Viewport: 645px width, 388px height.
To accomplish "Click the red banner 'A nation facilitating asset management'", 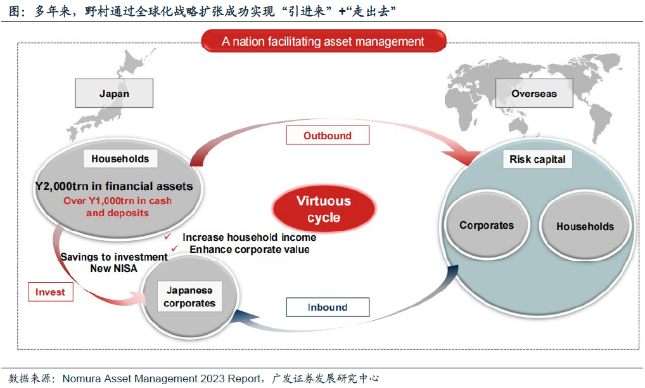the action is tap(323, 41).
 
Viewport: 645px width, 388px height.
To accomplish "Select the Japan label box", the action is tap(114, 93).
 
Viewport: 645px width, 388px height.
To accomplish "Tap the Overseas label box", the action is tap(534, 93).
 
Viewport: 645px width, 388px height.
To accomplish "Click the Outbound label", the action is tap(328, 136).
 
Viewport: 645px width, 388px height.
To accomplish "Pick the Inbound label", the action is tap(328, 307).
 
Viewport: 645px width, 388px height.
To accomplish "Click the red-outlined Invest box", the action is tap(50, 292).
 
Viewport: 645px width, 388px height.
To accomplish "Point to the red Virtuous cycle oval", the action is tap(324, 209).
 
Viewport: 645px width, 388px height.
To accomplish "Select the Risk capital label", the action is tap(537, 159).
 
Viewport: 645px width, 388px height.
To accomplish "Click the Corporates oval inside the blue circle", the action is tap(487, 225).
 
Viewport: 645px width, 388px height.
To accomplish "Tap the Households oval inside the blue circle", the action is tap(585, 226).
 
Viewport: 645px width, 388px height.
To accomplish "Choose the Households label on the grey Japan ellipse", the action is tap(120, 159).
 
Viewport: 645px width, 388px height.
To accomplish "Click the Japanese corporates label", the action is tap(189, 297).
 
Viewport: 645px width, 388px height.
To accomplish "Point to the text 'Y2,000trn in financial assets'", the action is tap(114, 186).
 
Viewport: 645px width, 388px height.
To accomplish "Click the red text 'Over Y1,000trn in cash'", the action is tap(117, 201).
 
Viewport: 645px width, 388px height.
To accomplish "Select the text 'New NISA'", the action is tap(113, 269).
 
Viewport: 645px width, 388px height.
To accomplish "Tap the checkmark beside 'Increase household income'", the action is tap(167, 236).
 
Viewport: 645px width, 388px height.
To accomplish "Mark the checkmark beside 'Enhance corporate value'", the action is tap(174, 249).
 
